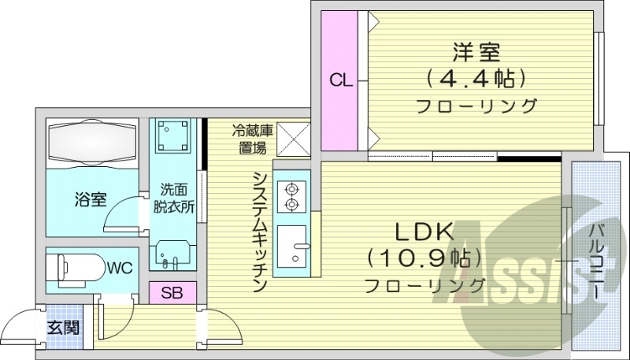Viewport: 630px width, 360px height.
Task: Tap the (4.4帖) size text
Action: (x=476, y=78)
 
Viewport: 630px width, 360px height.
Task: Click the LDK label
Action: (x=424, y=232)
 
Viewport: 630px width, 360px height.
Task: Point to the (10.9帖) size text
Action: (x=424, y=258)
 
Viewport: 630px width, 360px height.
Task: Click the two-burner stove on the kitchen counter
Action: (x=291, y=197)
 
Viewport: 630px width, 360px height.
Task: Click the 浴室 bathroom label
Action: (x=91, y=199)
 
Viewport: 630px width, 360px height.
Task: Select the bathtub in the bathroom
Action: (x=92, y=145)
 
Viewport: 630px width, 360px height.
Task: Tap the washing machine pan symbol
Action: (x=173, y=136)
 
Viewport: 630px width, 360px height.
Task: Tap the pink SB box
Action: (x=172, y=293)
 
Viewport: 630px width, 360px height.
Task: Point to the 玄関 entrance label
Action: (x=63, y=327)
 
